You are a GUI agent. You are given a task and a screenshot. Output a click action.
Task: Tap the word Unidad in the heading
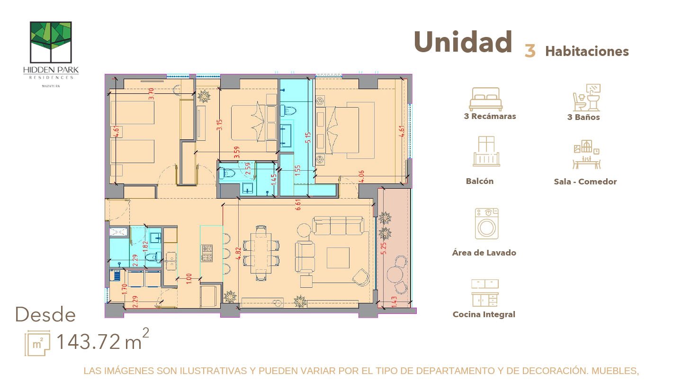point(463,43)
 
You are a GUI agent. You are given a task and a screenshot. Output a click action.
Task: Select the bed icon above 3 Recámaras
point(485,99)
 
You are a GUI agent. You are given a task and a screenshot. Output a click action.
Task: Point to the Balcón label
point(479,181)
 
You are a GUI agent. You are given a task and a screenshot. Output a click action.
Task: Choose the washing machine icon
point(486,224)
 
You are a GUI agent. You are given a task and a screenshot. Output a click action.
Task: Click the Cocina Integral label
point(484,314)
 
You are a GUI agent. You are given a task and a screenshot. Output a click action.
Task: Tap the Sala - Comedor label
point(585,182)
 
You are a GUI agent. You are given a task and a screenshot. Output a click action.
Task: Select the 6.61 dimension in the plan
point(298,205)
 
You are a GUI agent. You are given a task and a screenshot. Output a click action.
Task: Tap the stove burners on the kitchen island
point(207,253)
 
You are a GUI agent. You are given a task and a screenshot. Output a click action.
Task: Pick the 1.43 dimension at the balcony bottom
point(394,302)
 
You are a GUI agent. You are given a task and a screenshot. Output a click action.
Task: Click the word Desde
point(45,315)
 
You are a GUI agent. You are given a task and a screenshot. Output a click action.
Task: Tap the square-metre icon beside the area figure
point(38,343)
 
